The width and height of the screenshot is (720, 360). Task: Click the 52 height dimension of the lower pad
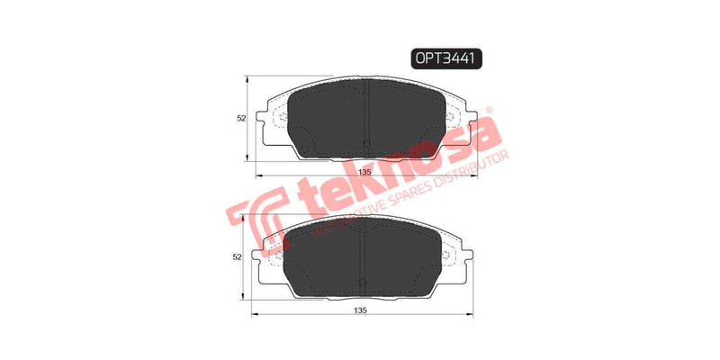click(x=238, y=257)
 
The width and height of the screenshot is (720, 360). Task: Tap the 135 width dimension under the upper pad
click(x=365, y=172)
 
